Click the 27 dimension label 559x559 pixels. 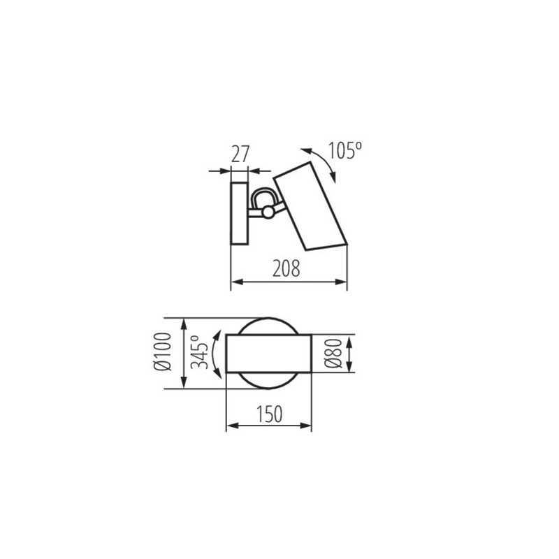240,154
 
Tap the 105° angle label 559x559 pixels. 344,150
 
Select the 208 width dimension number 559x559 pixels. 286,268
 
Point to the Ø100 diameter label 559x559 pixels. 164,351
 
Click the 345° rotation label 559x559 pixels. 200,352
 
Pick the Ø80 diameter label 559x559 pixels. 334,354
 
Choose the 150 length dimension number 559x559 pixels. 270,414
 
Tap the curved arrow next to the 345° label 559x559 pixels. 215,354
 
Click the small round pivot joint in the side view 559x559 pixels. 268,212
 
